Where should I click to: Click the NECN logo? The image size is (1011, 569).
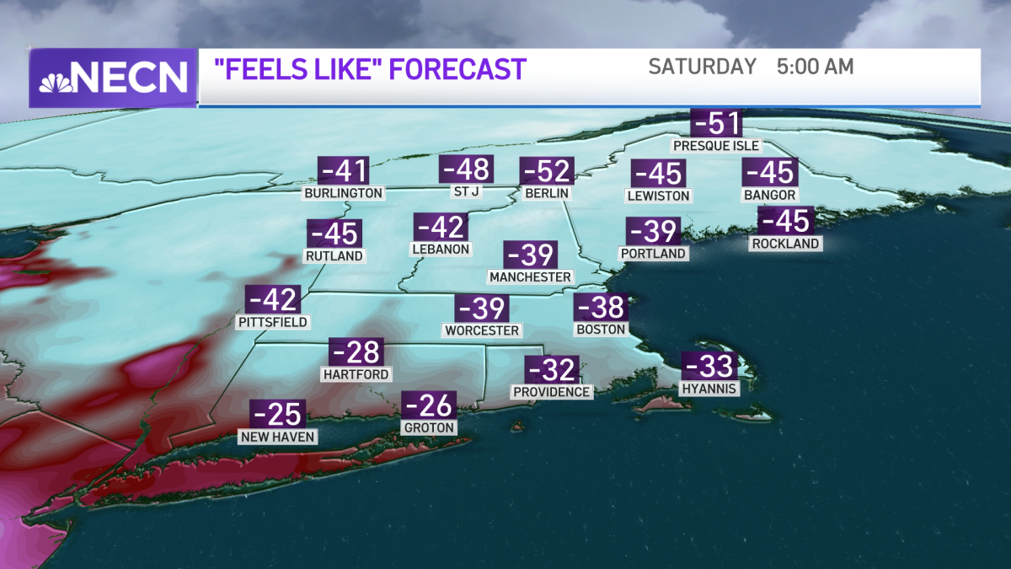coord(113,78)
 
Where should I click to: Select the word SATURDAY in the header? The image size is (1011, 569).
coord(703,67)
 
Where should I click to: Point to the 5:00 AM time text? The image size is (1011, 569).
coord(815,67)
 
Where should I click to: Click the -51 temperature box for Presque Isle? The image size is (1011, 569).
coord(716,123)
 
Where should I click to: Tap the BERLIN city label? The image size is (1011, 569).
coord(548,193)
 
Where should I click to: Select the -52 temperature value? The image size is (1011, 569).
coord(548,171)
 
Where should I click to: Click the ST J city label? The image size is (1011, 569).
coord(466,192)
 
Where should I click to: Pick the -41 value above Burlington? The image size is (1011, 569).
coord(345,171)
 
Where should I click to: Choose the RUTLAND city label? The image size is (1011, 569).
coord(335,255)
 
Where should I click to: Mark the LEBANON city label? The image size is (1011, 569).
coord(441,249)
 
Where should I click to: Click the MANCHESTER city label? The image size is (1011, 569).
coord(531,276)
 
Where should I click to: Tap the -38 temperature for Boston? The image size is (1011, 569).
coord(600,308)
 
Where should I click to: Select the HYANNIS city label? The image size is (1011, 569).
coord(710,389)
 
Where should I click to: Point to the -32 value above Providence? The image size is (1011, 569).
coord(552,370)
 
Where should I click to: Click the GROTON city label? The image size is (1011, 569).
coord(430,427)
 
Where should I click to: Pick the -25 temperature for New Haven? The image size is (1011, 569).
coord(278,414)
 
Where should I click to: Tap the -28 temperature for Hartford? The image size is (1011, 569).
coord(356,352)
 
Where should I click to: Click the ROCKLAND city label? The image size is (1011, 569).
coord(785,244)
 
